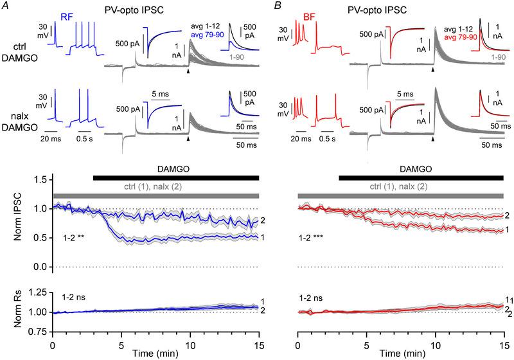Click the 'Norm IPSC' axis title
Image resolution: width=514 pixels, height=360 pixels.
coord(18,222)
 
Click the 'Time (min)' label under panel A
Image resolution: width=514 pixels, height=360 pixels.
coord(156,354)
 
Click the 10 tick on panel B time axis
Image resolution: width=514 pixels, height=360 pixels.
coord(435,343)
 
